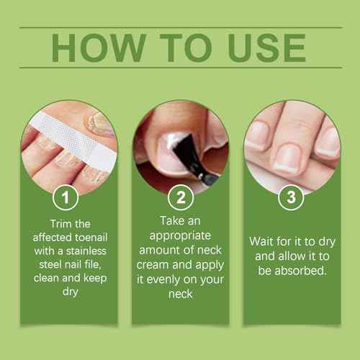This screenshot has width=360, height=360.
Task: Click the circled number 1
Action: pos(67,196)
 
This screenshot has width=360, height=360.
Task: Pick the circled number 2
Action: pos(180,196)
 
